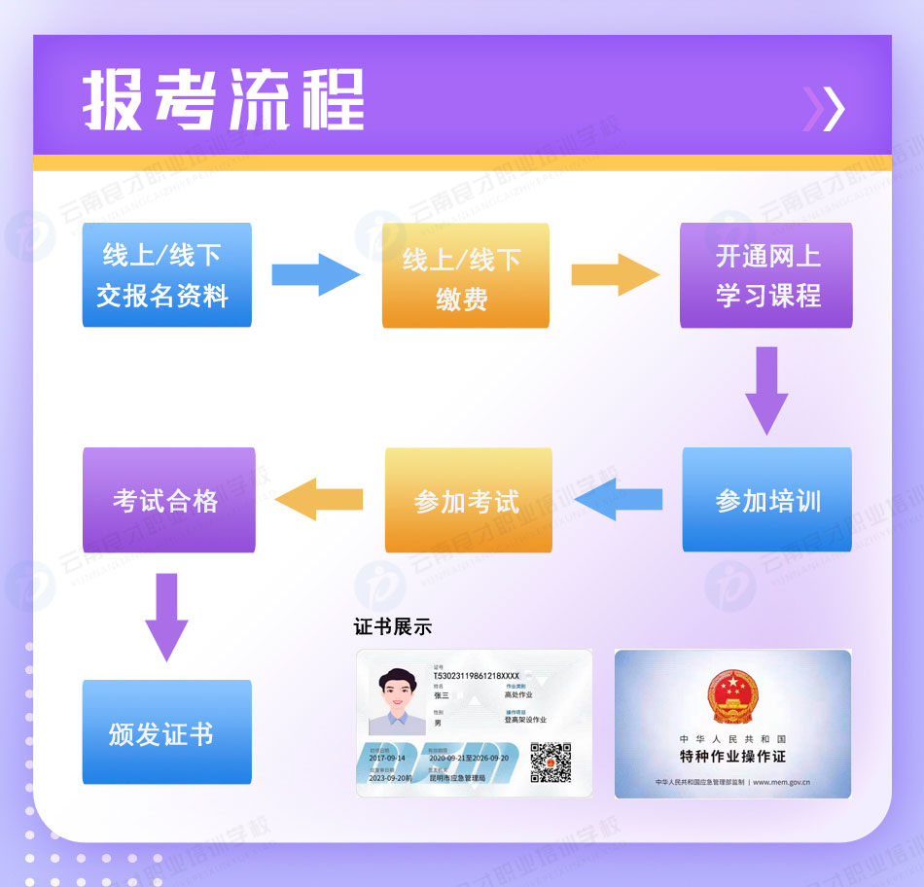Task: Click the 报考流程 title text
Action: [x=224, y=99]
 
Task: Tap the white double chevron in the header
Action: [x=824, y=109]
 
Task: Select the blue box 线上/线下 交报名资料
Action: [x=167, y=274]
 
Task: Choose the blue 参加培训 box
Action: [x=766, y=500]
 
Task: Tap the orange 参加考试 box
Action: [x=468, y=500]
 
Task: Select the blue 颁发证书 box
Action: [x=166, y=732]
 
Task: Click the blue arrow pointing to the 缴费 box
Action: [x=314, y=275]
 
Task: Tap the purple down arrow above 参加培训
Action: [x=766, y=389]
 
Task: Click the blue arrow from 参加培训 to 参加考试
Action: [x=619, y=500]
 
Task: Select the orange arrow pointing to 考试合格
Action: [x=319, y=500]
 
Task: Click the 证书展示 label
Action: [x=392, y=626]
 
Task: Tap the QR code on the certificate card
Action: [x=550, y=762]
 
